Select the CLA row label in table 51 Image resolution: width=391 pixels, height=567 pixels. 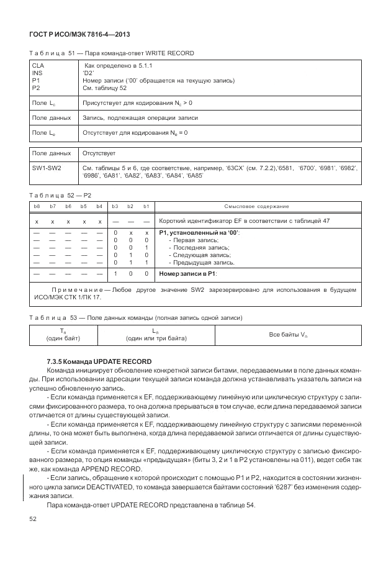point(38,64)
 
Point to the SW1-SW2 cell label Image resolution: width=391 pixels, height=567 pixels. point(47,168)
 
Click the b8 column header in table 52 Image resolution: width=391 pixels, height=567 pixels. point(37,206)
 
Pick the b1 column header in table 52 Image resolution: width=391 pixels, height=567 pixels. point(146,206)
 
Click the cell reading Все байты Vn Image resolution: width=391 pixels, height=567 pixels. point(288,335)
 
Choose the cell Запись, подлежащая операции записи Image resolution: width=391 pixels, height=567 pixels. point(140,117)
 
